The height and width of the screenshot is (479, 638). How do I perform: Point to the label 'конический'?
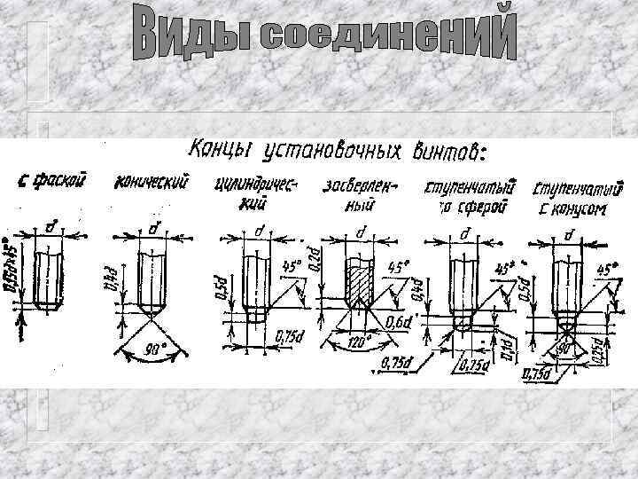[x=152, y=183]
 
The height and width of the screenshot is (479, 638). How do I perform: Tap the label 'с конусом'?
[x=571, y=210]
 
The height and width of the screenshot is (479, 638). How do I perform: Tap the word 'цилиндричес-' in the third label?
[x=256, y=185]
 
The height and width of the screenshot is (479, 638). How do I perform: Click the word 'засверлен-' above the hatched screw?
[x=362, y=185]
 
